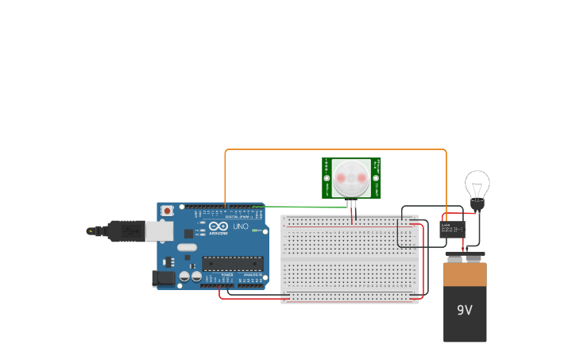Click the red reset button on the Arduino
(167, 211)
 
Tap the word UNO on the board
(241, 226)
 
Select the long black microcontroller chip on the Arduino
(232, 263)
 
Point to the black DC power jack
(163, 278)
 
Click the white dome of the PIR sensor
(350, 178)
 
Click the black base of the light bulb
(477, 206)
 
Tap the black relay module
(452, 230)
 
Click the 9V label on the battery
(465, 310)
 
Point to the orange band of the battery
(465, 275)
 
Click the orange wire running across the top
(334, 149)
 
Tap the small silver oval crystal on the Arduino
(187, 247)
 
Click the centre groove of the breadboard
(350, 257)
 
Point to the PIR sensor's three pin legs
(351, 204)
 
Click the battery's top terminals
(465, 256)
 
